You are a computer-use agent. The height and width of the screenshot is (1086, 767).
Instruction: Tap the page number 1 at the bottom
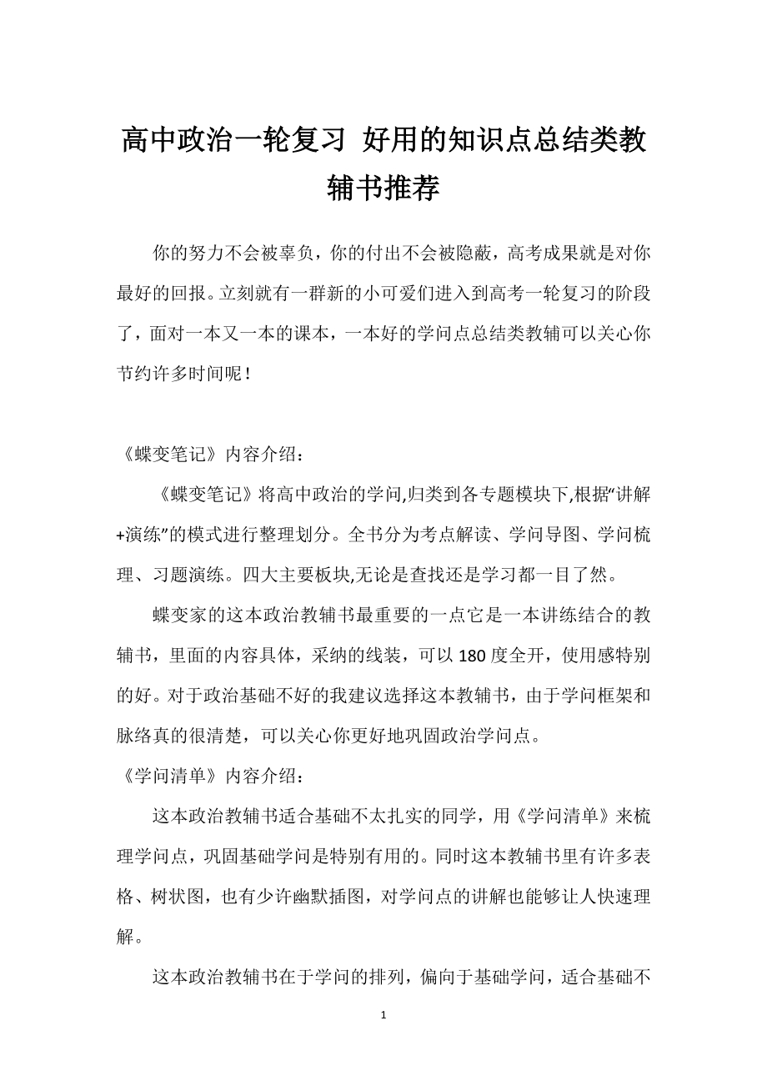[x=383, y=1015]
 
